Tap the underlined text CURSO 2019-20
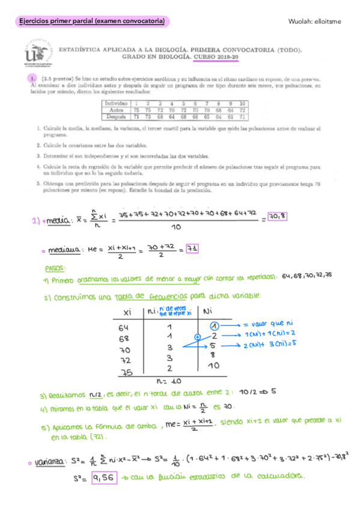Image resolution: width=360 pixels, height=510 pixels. point(216,58)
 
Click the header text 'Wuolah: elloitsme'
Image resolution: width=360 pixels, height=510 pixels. point(314,22)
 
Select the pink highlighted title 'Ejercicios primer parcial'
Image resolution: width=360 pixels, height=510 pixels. point(92,22)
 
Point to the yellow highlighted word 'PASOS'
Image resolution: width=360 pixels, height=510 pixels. point(56,267)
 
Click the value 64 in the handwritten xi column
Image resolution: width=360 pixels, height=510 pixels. point(124,328)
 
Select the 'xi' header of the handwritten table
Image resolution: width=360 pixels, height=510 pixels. point(126,313)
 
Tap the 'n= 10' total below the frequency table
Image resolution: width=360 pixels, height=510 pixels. point(169,381)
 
